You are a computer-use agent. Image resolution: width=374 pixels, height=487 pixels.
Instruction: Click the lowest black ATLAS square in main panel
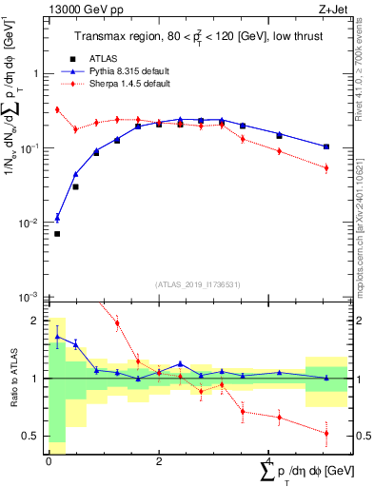point(57,234)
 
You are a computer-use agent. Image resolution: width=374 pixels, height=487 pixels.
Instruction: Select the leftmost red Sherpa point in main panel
point(57,109)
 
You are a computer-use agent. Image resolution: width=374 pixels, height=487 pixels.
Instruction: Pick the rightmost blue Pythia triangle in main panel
point(326,146)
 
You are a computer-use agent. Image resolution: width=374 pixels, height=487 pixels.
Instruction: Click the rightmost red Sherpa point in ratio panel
point(326,433)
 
